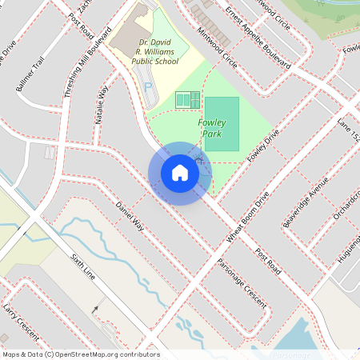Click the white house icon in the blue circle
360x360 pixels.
(180, 173)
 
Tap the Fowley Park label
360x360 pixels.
(212, 128)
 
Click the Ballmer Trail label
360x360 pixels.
(29, 74)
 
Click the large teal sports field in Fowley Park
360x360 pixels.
(222, 124)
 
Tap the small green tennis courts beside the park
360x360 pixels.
(187, 100)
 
